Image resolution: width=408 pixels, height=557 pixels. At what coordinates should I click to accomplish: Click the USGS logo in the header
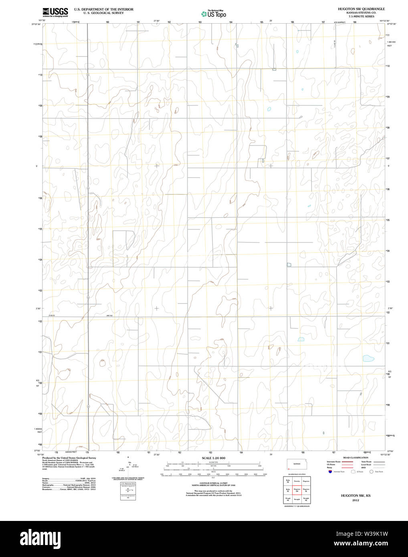tap(55, 12)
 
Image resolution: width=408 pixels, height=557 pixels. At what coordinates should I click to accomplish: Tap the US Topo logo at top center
tap(214, 14)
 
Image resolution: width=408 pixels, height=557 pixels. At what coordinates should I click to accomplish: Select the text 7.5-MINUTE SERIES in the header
tap(361, 16)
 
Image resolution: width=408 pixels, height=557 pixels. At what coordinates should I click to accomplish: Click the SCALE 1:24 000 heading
tap(213, 458)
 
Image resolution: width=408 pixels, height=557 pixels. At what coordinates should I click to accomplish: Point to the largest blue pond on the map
tap(368, 358)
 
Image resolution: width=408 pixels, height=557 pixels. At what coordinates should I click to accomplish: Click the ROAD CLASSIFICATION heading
tap(355, 458)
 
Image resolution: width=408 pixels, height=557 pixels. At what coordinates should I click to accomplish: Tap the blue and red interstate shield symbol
tap(330, 472)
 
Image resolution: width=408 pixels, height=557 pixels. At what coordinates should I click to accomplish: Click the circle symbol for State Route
tap(371, 472)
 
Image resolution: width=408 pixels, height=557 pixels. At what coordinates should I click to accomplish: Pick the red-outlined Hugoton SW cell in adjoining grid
tap(297, 490)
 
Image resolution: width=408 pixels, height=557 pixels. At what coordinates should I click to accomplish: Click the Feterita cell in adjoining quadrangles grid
tap(297, 480)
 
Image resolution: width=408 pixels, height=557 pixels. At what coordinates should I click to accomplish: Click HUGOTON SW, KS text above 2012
tap(355, 496)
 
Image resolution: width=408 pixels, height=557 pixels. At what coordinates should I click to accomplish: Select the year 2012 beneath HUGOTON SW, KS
tap(355, 500)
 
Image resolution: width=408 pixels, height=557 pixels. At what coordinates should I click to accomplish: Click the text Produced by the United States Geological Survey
tap(69, 458)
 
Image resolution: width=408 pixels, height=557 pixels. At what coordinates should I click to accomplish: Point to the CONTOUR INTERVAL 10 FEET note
tap(213, 483)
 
